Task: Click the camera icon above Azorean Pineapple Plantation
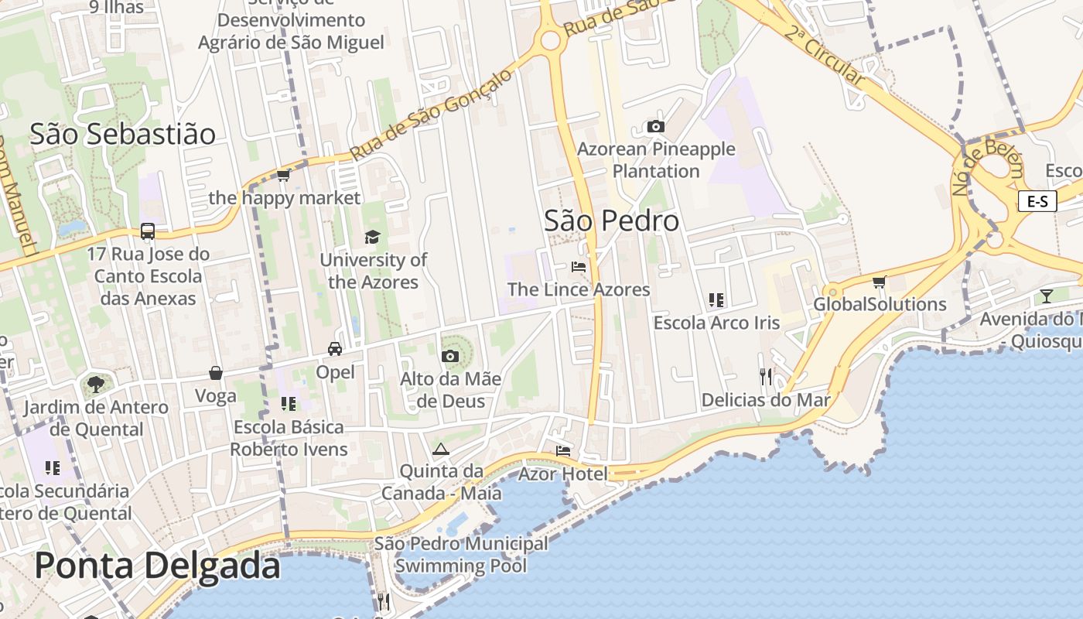pyautogui.click(x=656, y=127)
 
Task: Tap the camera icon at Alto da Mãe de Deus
pyautogui.click(x=449, y=356)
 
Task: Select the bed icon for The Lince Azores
pyautogui.click(x=579, y=267)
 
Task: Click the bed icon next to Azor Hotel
pyautogui.click(x=563, y=451)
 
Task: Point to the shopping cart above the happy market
pyautogui.click(x=283, y=176)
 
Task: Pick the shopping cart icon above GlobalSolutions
pyautogui.click(x=879, y=282)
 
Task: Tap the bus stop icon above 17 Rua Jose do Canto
pyautogui.click(x=148, y=231)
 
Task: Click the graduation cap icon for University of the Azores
pyautogui.click(x=372, y=237)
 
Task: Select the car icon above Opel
pyautogui.click(x=335, y=349)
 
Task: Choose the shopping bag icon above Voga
pyautogui.click(x=216, y=373)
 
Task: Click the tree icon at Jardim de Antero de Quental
pyautogui.click(x=95, y=384)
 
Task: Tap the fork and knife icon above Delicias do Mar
pyautogui.click(x=766, y=377)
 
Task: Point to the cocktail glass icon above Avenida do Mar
pyautogui.click(x=1047, y=296)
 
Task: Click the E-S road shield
pyautogui.click(x=1037, y=202)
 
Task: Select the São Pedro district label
pyautogui.click(x=612, y=221)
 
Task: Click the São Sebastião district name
pyautogui.click(x=123, y=134)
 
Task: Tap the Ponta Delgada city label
pyautogui.click(x=157, y=566)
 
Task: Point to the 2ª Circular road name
pyautogui.click(x=823, y=55)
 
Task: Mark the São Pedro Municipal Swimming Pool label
pyautogui.click(x=461, y=555)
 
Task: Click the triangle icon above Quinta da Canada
pyautogui.click(x=441, y=449)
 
